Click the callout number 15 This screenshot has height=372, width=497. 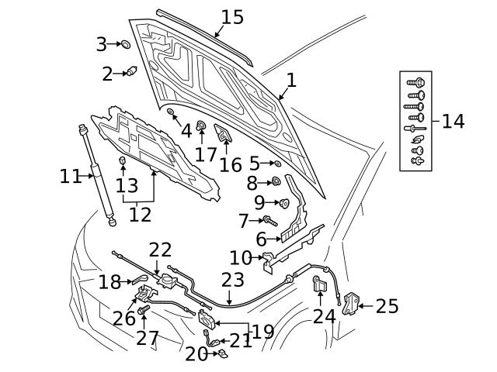point(231,17)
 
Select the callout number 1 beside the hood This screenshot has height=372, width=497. point(291,80)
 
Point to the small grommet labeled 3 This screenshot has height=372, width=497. point(125,45)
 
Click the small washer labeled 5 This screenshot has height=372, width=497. point(277,164)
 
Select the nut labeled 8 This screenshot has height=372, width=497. point(275,183)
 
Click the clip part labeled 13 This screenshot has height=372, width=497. point(122,162)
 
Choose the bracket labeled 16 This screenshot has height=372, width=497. point(226,136)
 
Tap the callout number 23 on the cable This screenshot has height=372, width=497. point(232,281)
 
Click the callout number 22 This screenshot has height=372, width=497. point(160,250)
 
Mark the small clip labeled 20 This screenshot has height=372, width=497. point(220,354)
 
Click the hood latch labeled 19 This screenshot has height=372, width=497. point(207,319)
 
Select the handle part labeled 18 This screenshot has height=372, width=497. point(140,277)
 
